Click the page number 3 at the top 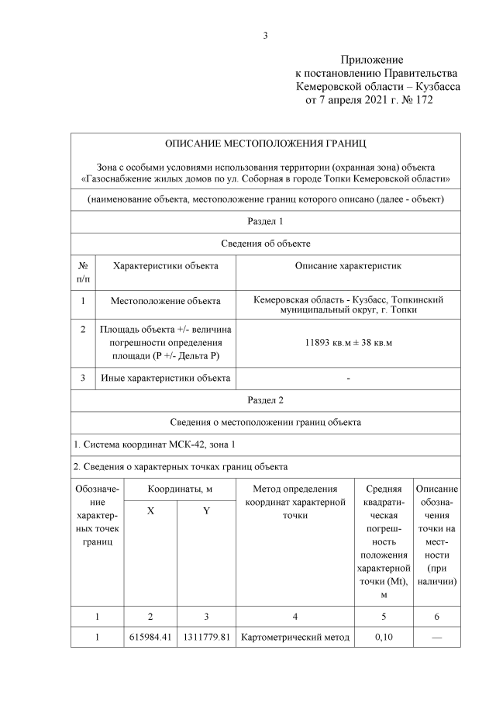pyautogui.click(x=265, y=35)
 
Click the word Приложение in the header pyautogui.click(x=372, y=60)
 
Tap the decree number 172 pyautogui.click(x=425, y=101)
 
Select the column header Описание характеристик pyautogui.click(x=348, y=266)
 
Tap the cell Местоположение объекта pyautogui.click(x=165, y=300)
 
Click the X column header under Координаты pyautogui.click(x=150, y=514)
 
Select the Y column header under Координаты pyautogui.click(x=206, y=514)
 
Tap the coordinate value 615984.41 pyautogui.click(x=150, y=638)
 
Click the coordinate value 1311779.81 pyautogui.click(x=206, y=638)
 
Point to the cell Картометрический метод pyautogui.click(x=294, y=638)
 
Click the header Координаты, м pyautogui.click(x=178, y=489)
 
